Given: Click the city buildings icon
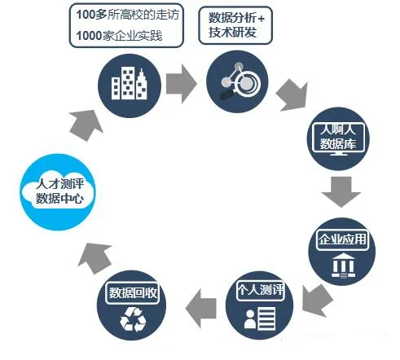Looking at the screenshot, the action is (x=130, y=83).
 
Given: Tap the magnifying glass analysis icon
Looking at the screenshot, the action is (x=240, y=81).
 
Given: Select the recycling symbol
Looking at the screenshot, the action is (x=133, y=319).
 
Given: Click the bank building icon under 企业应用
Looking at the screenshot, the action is (x=343, y=265).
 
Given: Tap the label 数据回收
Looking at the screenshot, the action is (x=133, y=293).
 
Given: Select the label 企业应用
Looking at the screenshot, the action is (x=342, y=239).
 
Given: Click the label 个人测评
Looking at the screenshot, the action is (x=260, y=290).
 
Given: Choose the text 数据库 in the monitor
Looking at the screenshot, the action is (x=337, y=143).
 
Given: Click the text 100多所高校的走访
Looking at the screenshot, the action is (x=127, y=15).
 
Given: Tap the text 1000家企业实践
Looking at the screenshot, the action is (x=119, y=36).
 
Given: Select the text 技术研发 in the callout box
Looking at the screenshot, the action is (x=232, y=32).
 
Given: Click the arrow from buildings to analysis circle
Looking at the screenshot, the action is (x=181, y=84).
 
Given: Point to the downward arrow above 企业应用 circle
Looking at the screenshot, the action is (x=341, y=191).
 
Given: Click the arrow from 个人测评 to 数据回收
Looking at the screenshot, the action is (x=201, y=309).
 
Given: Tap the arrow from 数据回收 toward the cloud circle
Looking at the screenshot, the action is (x=95, y=258).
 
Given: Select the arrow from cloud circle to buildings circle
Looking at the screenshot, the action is (x=86, y=125).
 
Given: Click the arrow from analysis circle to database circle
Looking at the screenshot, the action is (x=292, y=95).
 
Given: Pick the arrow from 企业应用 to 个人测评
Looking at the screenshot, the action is (x=317, y=301).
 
